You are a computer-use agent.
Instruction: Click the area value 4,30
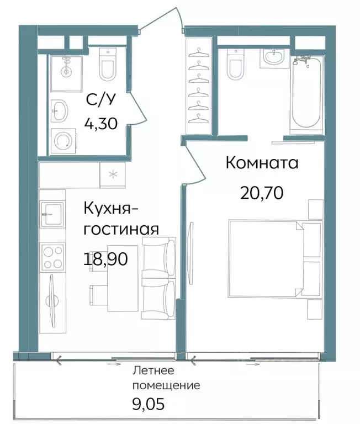(101, 123)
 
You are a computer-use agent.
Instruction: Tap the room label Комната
(262, 163)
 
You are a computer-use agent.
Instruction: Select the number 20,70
(262, 193)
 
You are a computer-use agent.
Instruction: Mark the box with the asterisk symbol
(113, 175)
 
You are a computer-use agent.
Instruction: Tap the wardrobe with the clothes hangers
(198, 87)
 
